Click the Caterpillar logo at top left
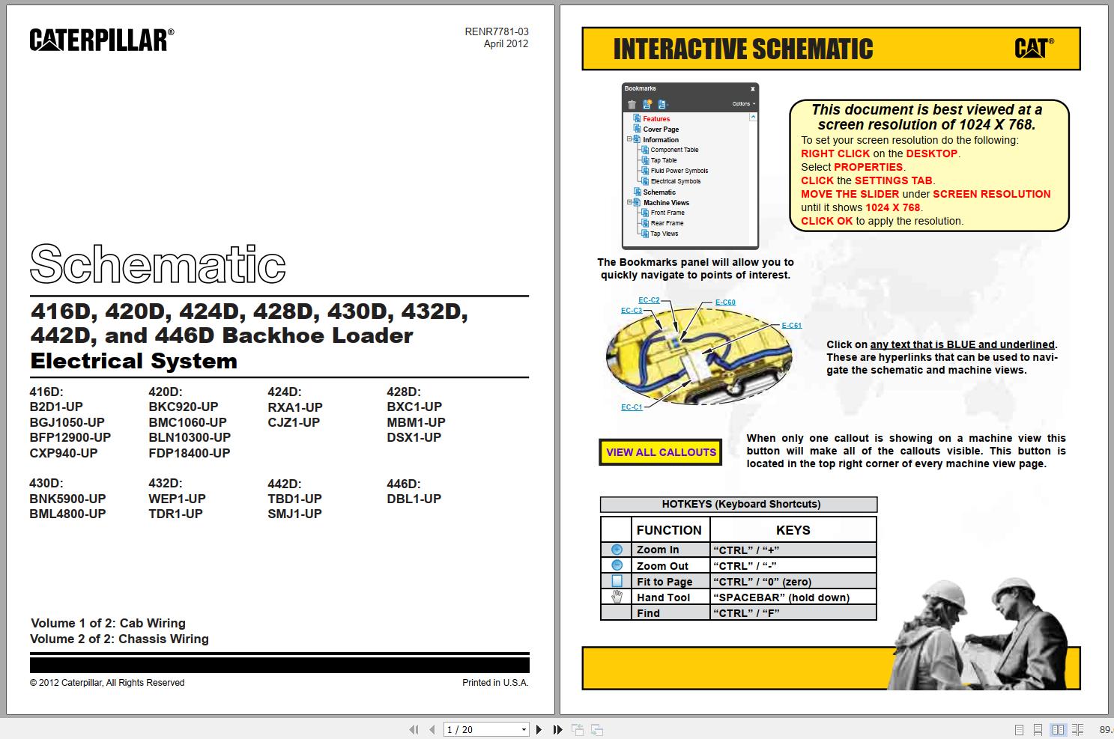coord(102,40)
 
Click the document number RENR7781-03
coord(496,31)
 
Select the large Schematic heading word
coord(157,264)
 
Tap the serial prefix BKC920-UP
coord(183,407)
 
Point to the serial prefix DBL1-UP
coord(414,499)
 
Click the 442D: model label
coord(284,484)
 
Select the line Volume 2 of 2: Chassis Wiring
coord(119,639)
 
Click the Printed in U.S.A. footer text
coord(495,683)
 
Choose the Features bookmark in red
coord(656,119)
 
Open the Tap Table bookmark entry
coord(663,160)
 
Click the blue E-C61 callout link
coord(791,326)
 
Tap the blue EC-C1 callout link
coord(632,407)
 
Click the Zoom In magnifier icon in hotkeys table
coord(617,550)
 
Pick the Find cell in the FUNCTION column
coord(648,613)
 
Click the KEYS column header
coord(793,530)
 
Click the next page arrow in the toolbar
coord(539,729)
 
